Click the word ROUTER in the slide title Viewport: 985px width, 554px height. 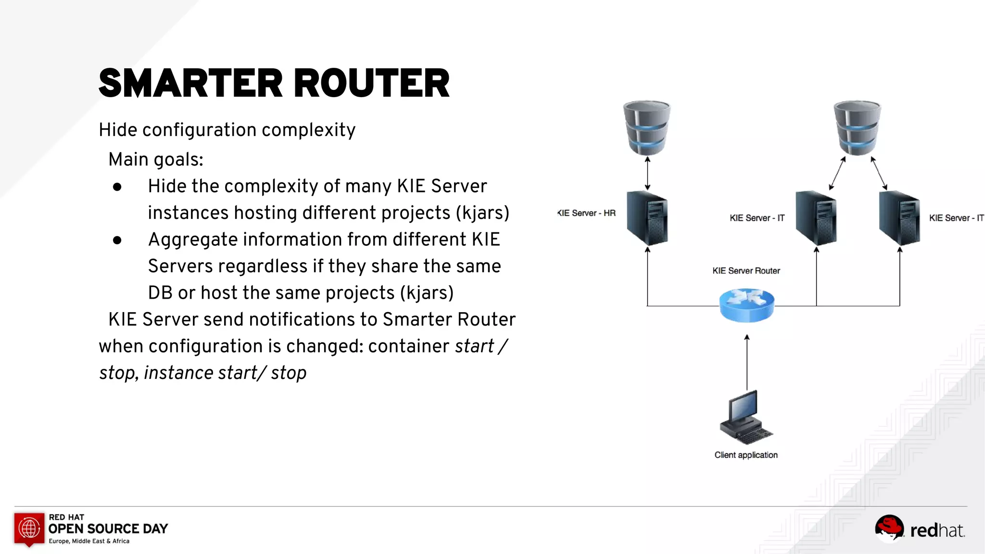(x=371, y=83)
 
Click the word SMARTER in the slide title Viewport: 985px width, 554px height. (x=190, y=83)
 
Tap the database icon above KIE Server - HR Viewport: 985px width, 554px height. (x=647, y=127)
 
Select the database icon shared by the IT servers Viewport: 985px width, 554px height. (x=857, y=127)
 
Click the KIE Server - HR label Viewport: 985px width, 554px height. (x=586, y=213)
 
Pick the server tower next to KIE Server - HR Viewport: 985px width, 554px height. (x=647, y=218)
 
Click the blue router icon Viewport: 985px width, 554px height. (x=746, y=305)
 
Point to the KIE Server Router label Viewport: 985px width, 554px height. (x=746, y=271)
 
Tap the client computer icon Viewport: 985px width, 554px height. (x=745, y=416)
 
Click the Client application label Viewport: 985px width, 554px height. (x=746, y=455)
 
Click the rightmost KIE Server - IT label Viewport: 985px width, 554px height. (x=956, y=218)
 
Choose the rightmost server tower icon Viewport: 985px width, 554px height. (x=899, y=218)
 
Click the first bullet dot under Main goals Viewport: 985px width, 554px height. (x=117, y=187)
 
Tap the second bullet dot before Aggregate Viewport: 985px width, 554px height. (x=117, y=240)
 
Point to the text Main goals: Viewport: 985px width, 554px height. (x=156, y=160)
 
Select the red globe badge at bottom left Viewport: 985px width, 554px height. (x=29, y=529)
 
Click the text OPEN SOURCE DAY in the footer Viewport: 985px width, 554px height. (x=108, y=529)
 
